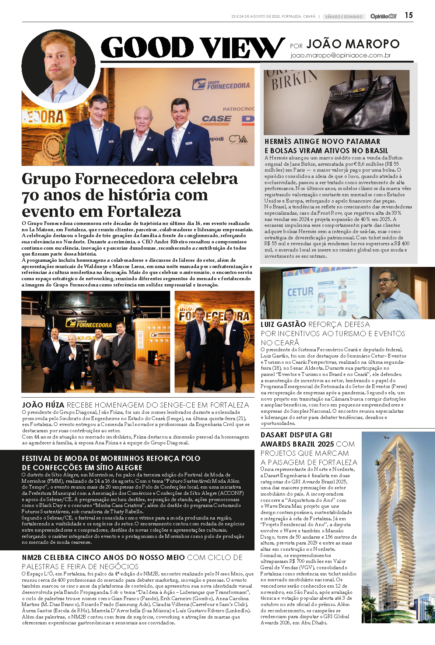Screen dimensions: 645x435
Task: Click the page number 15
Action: click(408, 15)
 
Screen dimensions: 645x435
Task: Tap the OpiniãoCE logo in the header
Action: click(383, 16)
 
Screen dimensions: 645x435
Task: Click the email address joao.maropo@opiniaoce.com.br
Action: click(340, 55)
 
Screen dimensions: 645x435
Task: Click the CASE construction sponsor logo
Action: click(217, 119)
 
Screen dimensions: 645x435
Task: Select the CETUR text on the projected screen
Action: click(300, 292)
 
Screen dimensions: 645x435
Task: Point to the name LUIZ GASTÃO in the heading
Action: click(283, 324)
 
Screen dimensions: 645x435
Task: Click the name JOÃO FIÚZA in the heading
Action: click(43, 405)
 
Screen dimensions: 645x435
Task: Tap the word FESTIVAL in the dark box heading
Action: click(37, 458)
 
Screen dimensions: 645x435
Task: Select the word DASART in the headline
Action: click(274, 435)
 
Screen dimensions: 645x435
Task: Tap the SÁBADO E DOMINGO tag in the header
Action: click(343, 17)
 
